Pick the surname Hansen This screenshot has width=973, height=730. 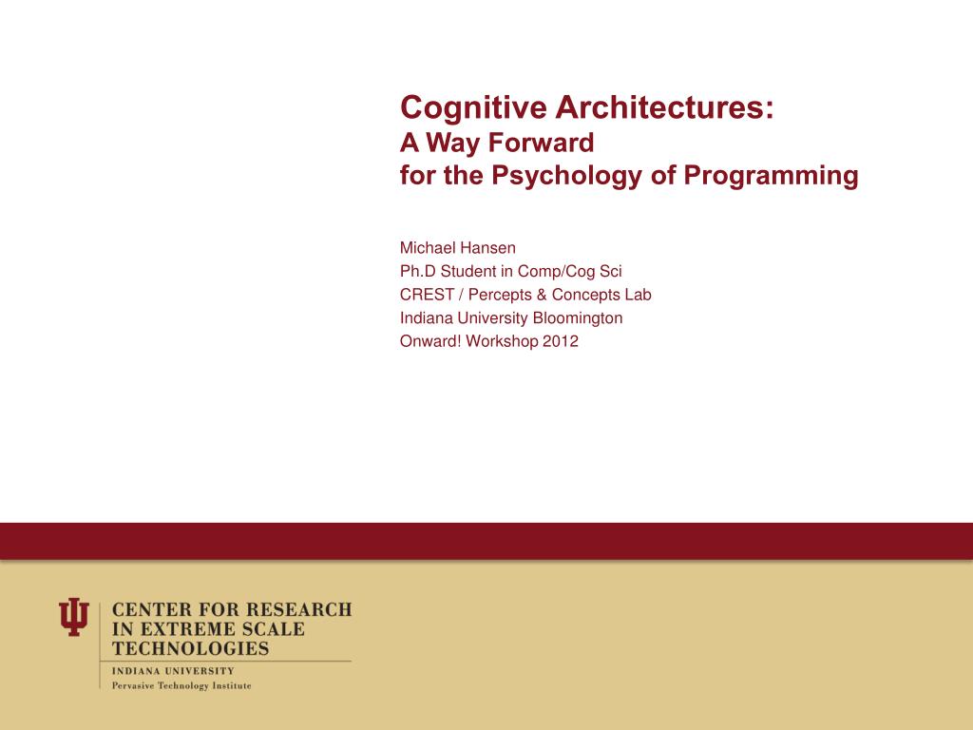pos(487,248)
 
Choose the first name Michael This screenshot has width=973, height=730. pos(428,248)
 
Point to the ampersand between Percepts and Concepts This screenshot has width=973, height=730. pos(542,295)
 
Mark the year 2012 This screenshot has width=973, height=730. pos(561,341)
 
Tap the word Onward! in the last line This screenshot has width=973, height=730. pos(430,341)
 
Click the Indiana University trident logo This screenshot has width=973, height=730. pos(74,617)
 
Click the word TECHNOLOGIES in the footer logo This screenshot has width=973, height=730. pos(190,650)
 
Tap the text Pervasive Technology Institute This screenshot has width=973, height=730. pos(181,685)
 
